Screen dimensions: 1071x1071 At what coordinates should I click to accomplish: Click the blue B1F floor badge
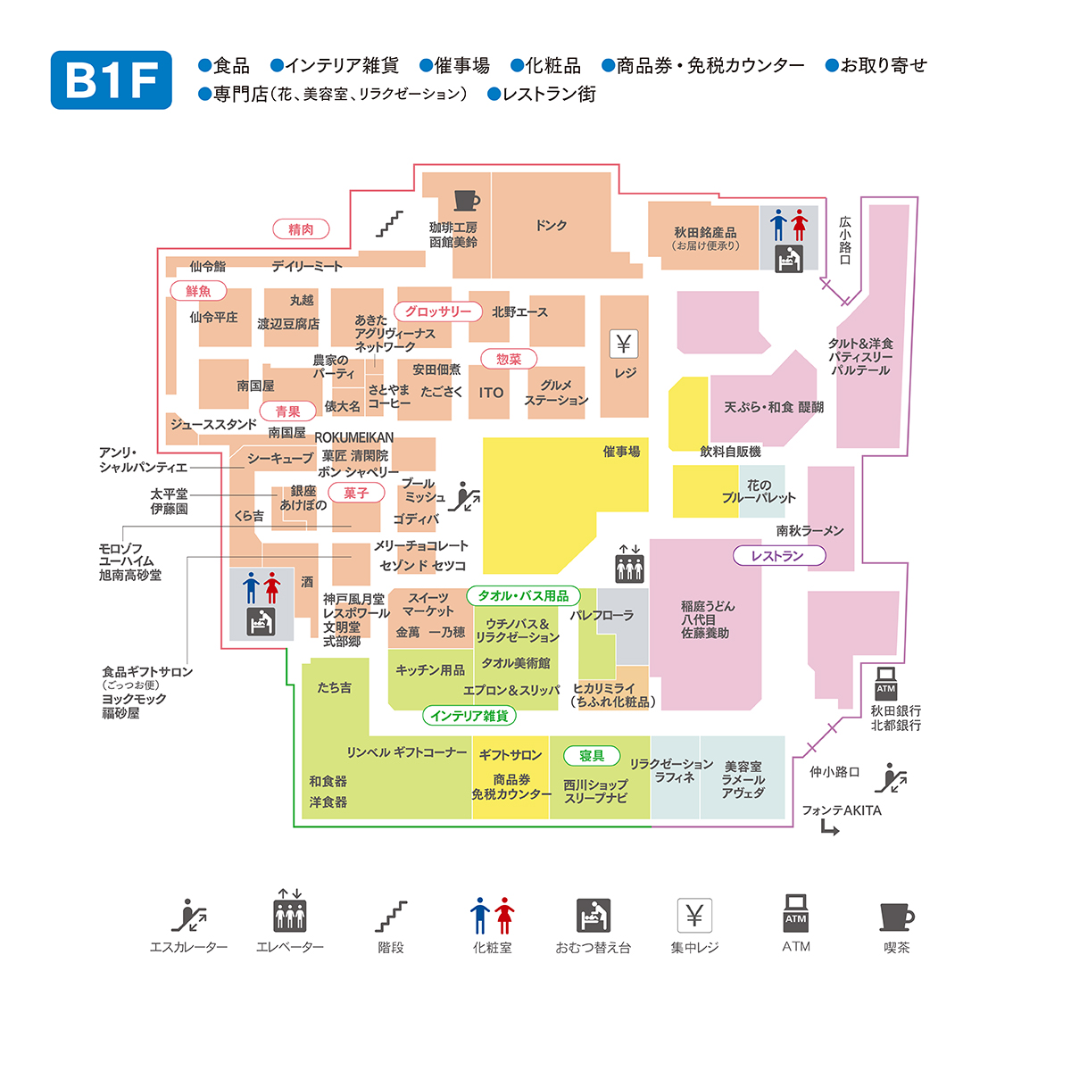click(112, 80)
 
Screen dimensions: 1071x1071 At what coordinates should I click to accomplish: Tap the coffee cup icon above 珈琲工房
click(466, 200)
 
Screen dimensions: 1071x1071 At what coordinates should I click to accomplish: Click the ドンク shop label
click(551, 226)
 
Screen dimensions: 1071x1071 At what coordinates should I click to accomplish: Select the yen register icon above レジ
click(624, 344)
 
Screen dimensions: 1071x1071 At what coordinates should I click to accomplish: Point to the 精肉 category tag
click(301, 229)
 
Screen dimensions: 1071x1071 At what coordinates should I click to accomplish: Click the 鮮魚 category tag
click(198, 291)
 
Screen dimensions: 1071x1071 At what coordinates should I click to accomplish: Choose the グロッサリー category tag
click(437, 311)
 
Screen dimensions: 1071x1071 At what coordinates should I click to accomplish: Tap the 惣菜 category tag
click(509, 359)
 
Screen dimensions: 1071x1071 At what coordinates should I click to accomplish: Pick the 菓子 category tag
click(355, 493)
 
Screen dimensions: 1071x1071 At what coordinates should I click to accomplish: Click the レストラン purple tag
click(778, 556)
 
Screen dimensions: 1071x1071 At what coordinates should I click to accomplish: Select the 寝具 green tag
click(592, 756)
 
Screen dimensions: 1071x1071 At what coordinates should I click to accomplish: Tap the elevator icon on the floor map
click(629, 564)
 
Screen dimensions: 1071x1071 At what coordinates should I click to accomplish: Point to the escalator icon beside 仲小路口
click(891, 778)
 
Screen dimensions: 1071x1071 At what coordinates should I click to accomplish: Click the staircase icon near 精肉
click(389, 223)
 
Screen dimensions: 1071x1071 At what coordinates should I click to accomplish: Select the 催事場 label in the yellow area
click(621, 452)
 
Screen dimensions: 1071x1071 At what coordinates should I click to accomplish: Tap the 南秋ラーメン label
click(809, 531)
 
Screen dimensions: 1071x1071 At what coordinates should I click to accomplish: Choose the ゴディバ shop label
click(416, 519)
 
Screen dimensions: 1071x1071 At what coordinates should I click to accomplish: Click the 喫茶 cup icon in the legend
click(896, 917)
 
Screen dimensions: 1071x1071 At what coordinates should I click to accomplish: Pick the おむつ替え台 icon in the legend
click(593, 916)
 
